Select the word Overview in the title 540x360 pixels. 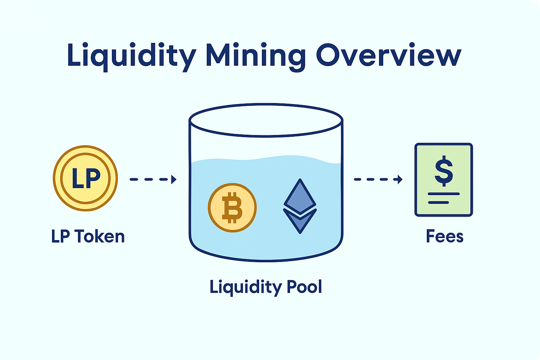388,56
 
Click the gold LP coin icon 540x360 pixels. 85,178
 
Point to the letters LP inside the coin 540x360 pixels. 86,178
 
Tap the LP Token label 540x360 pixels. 88,237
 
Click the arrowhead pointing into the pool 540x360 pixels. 174,179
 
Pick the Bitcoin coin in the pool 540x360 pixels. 232,207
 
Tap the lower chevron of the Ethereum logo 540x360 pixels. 300,221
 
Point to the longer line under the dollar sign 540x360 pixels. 444,194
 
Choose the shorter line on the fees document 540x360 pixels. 438,202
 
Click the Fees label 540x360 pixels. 445,237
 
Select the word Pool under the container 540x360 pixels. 304,287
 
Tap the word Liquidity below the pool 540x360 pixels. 246,288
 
